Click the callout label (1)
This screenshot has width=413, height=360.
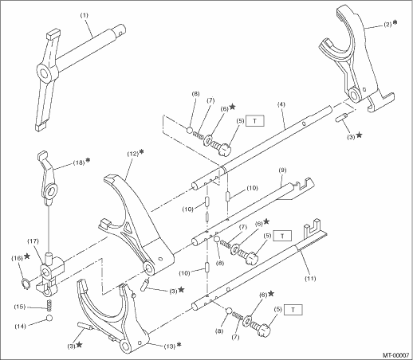tap(84, 15)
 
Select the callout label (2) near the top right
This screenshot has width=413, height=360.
tap(387, 25)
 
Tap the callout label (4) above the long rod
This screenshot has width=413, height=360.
tap(281, 104)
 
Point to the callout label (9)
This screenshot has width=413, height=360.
tap(282, 170)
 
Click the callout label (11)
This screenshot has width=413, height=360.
tap(310, 278)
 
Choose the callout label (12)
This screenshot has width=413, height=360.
tap(133, 154)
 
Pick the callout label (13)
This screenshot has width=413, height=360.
tap(170, 346)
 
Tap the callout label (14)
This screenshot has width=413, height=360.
tap(20, 327)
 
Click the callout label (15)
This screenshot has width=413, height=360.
tap(20, 307)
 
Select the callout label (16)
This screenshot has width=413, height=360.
tap(17, 258)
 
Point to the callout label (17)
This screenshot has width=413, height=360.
tap(33, 241)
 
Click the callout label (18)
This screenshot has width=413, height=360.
tap(79, 162)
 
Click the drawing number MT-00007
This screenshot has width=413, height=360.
tap(395, 354)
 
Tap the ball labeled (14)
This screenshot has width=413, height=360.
tap(49, 318)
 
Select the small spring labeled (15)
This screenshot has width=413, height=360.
tap(49, 305)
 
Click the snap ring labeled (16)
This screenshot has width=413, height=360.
tap(25, 284)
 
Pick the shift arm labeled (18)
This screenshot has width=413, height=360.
tap(49, 181)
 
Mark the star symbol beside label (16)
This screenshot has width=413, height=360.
tap(27, 256)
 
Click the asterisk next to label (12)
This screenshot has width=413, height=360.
tap(142, 152)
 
